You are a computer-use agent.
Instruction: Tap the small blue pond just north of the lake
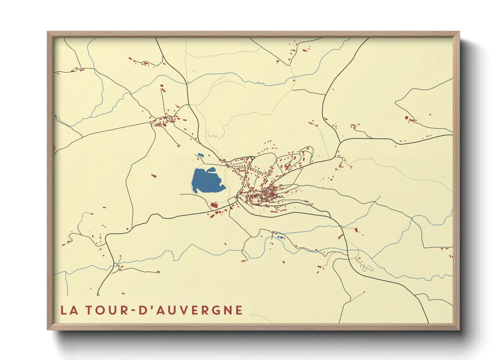pyautogui.click(x=200, y=155)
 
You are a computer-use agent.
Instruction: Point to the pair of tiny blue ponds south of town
pyautogui.click(x=280, y=237)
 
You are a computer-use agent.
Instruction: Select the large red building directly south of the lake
pyautogui.click(x=214, y=205)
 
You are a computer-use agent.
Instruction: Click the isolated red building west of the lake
pyautogui.click(x=154, y=176)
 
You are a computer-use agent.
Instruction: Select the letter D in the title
pyautogui.click(x=143, y=310)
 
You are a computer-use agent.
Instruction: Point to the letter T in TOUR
pyautogui.click(x=88, y=310)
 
